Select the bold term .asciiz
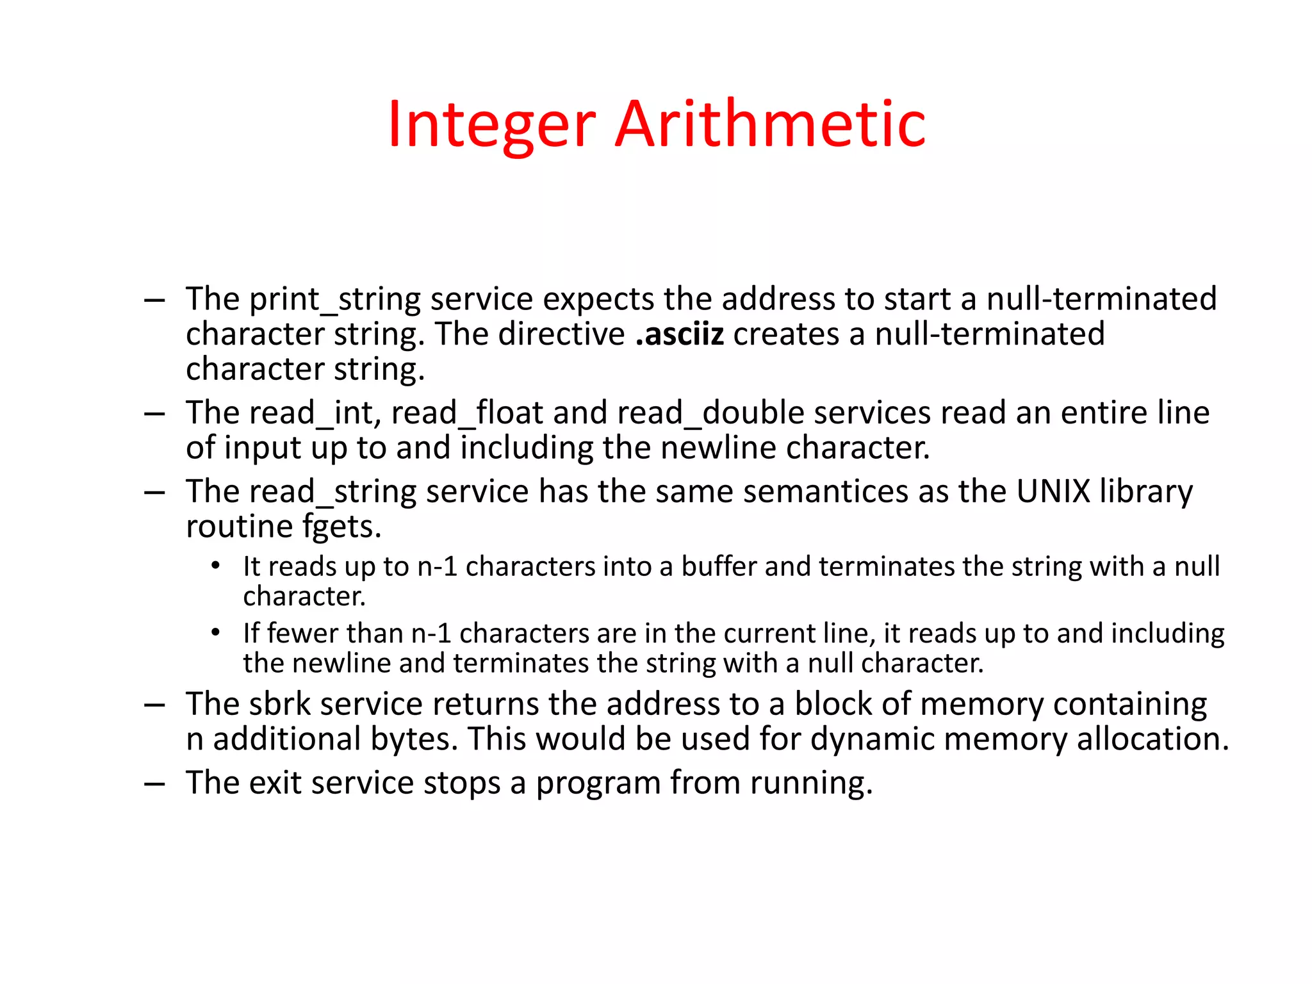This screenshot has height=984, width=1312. [680, 334]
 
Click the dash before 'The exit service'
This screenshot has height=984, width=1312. [155, 783]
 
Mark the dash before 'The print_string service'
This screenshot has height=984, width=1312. [155, 300]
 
